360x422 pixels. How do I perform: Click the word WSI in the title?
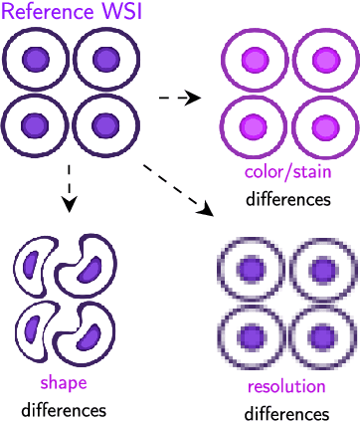pyautogui.click(x=124, y=13)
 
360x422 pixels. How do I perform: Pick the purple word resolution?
pyautogui.click(x=286, y=386)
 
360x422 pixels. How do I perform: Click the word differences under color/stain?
pyautogui.click(x=287, y=199)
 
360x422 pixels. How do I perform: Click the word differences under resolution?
pyautogui.click(x=286, y=411)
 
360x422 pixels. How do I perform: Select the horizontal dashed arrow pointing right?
pyautogui.click(x=180, y=98)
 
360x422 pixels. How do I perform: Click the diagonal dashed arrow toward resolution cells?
pyautogui.click(x=179, y=188)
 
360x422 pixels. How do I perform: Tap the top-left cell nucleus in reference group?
pyautogui.click(x=36, y=59)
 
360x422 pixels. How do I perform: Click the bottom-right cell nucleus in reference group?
pyautogui.click(x=101, y=125)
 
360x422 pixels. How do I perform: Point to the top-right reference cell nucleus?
pyautogui.click(x=101, y=59)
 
